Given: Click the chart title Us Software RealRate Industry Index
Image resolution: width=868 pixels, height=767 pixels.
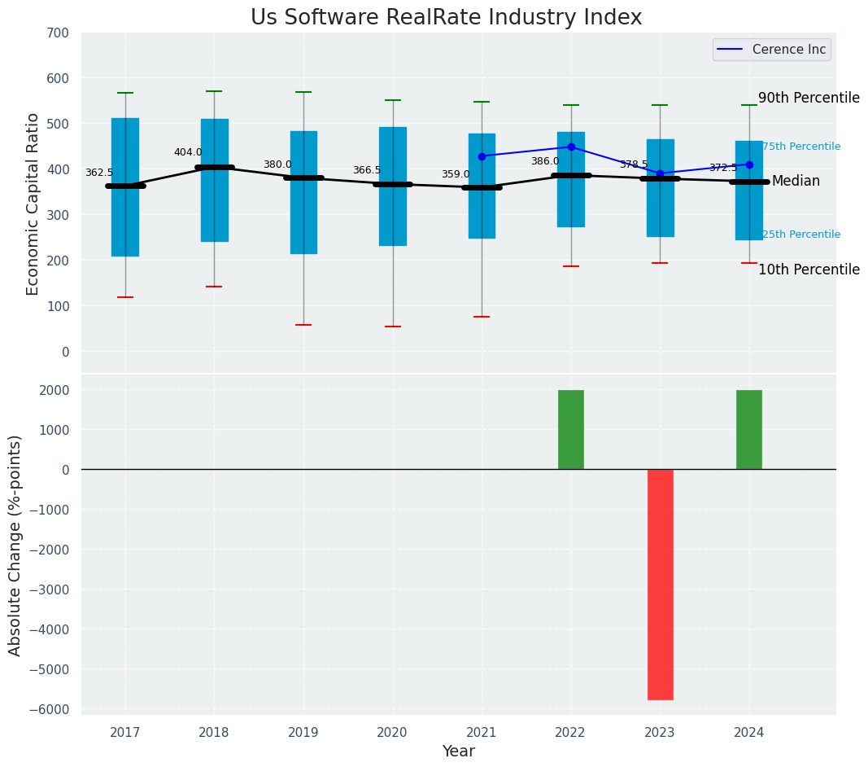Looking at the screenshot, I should [446, 18].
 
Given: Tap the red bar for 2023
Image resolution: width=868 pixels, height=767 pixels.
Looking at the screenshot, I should [660, 584].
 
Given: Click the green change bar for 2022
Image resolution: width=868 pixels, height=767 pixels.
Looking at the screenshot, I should [570, 429].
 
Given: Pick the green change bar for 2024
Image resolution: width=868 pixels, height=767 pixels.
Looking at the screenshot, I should [748, 429].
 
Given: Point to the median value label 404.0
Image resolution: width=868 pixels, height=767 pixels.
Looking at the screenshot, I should [188, 152].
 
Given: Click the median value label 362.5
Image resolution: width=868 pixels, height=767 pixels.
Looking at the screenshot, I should [99, 173].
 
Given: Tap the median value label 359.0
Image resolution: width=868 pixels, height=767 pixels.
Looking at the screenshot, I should [456, 174].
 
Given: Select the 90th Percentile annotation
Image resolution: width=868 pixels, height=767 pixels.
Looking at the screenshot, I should [809, 98].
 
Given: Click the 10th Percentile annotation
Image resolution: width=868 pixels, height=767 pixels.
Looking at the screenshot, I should [809, 270].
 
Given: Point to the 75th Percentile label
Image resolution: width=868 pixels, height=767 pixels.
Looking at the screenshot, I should [801, 147].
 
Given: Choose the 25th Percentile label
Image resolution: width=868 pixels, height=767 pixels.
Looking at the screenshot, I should [801, 234].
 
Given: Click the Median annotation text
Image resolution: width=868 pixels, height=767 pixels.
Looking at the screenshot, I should [796, 182].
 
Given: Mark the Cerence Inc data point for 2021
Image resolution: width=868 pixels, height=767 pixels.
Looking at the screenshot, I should [482, 156].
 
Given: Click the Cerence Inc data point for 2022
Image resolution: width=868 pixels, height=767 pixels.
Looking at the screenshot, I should [571, 147].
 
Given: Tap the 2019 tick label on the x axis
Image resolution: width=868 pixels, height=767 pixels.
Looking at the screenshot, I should [303, 733].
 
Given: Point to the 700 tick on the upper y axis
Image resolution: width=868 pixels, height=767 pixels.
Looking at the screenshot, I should [58, 33].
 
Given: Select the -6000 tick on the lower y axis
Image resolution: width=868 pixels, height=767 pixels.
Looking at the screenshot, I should [50, 709].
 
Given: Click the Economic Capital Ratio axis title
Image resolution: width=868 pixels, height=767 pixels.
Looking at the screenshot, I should [33, 204].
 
